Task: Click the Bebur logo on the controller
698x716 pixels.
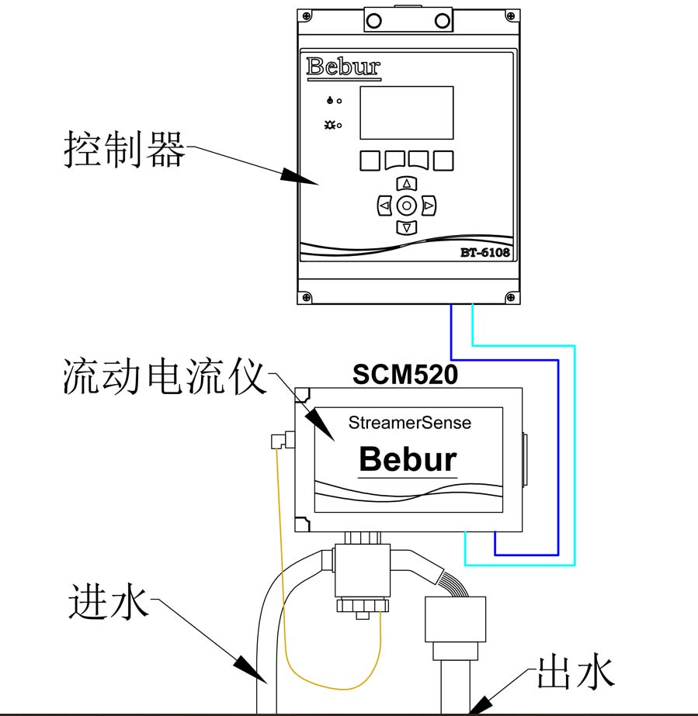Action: (x=344, y=67)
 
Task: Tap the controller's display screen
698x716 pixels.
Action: (x=406, y=112)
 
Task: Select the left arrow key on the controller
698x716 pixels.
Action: (x=384, y=206)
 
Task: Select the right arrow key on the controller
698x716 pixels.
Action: (x=429, y=206)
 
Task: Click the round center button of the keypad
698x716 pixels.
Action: (x=407, y=206)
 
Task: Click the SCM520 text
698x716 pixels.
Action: (x=405, y=375)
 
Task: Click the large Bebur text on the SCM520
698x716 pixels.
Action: (x=408, y=459)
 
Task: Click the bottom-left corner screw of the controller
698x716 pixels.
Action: (x=307, y=296)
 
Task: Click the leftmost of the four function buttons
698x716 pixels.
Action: (x=370, y=161)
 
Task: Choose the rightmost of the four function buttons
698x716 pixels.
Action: (x=443, y=161)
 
